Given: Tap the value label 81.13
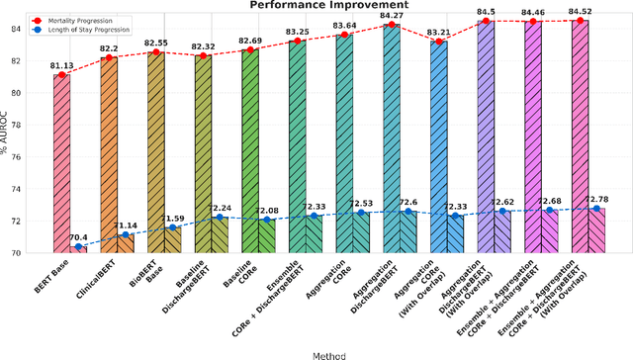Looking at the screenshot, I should point(62,67).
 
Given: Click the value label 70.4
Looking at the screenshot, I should point(79,237).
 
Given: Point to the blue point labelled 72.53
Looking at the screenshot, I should point(361,213).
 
